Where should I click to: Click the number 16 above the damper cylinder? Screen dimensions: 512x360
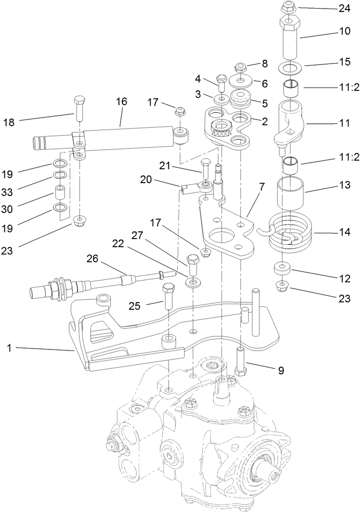pyautogui.click(x=121, y=102)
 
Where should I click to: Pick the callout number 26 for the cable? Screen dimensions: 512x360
pyautogui.click(x=92, y=259)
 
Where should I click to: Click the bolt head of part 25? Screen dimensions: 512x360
pyautogui.click(x=169, y=289)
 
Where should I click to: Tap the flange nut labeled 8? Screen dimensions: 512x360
pyautogui.click(x=240, y=67)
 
